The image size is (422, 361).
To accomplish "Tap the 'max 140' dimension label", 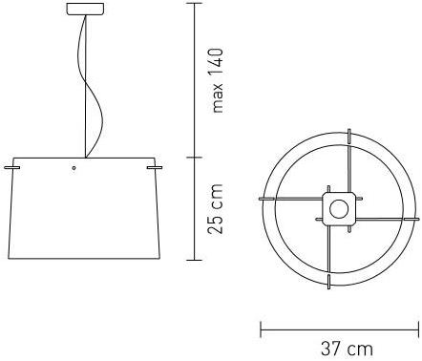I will pyautogui.click(x=219, y=80).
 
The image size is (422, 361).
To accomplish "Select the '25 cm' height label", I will pyautogui.click(x=219, y=210).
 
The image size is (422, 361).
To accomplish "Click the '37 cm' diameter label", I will pyautogui.click(x=346, y=349).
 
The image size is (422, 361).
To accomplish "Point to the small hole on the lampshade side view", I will pyautogui.click(x=73, y=170).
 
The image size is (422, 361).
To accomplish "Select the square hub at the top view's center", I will pyautogui.click(x=337, y=206).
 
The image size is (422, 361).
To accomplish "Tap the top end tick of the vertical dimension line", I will pyautogui.click(x=196, y=4).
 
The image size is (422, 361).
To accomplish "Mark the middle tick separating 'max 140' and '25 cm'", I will pyautogui.click(x=196, y=157).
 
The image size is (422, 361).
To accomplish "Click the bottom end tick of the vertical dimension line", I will pyautogui.click(x=196, y=259).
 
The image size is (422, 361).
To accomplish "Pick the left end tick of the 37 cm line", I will pyautogui.click(x=261, y=328).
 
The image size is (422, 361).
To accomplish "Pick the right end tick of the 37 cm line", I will pyautogui.click(x=416, y=328).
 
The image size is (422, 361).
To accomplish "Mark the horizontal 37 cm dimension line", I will pyautogui.click(x=338, y=328).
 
